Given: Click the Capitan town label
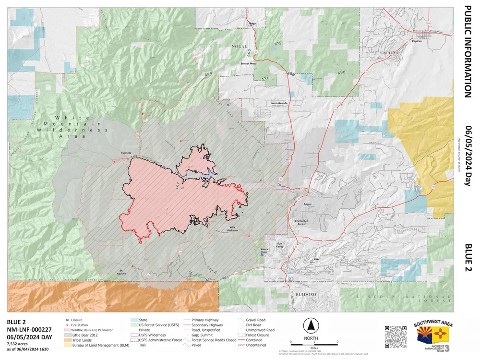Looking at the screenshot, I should click(417, 42).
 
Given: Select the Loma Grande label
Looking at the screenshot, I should click(279, 103).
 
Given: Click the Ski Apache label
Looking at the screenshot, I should click(122, 272).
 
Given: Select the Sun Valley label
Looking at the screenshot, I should click(280, 246).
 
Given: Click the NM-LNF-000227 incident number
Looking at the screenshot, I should click(29, 329).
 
